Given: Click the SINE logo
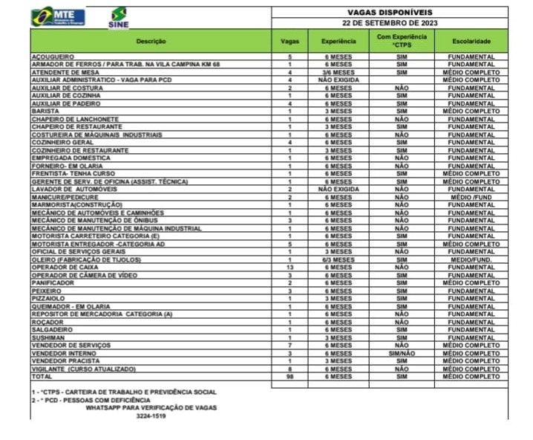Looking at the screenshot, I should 118,17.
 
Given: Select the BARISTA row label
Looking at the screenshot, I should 45,111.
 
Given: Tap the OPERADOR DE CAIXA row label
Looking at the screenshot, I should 62,267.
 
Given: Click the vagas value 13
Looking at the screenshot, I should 291,267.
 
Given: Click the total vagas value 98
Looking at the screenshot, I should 291,377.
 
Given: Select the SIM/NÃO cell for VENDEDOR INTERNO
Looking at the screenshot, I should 402,353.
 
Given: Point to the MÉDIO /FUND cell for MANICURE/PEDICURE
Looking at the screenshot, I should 471,197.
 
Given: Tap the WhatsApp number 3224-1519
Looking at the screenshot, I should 151,416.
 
